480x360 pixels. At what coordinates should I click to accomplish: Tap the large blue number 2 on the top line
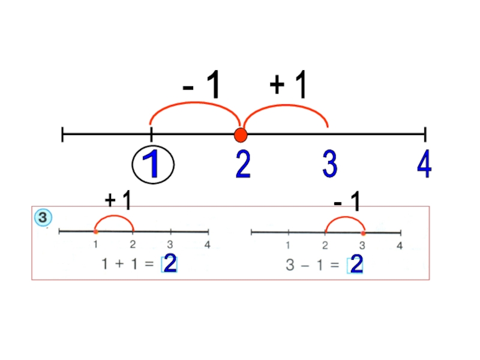tap(242, 164)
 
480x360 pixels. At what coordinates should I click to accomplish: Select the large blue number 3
tap(329, 164)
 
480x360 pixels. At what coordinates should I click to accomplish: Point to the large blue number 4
tap(424, 164)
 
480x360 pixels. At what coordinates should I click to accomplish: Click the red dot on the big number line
tap(241, 134)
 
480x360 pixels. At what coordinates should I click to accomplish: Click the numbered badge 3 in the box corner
tap(43, 218)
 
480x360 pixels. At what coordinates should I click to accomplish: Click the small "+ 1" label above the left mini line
tap(118, 200)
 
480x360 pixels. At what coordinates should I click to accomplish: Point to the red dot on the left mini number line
tap(95, 231)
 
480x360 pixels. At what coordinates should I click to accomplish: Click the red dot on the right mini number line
tap(363, 232)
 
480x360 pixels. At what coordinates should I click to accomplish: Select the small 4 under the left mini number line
tap(207, 244)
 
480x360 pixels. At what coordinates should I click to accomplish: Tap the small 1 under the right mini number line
tap(289, 245)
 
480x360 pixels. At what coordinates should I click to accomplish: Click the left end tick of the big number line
tap(63, 134)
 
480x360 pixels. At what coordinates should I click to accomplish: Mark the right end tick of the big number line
tap(425, 134)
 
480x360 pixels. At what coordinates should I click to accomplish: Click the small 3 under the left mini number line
tap(170, 244)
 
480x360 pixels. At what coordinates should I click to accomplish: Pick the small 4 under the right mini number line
tap(400, 245)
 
